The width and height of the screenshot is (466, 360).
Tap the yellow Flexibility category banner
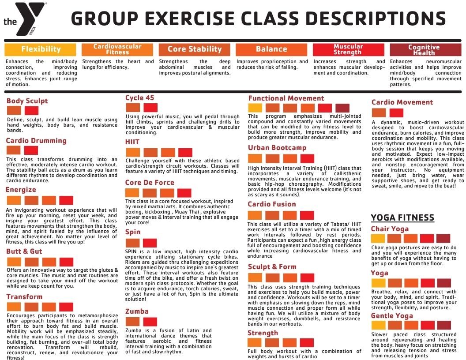[41, 49]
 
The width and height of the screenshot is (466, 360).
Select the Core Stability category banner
[195, 49]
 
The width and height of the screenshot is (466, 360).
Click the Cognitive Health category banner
[424, 49]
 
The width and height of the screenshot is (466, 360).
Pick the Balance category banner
[271, 49]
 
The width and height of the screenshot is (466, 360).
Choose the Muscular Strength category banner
[348, 49]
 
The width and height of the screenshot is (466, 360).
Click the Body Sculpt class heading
[27, 101]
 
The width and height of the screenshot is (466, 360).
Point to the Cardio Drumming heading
[36, 141]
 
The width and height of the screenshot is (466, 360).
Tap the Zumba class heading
[137, 311]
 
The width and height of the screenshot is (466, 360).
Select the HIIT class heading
[132, 142]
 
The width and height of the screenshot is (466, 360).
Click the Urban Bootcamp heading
[277, 148]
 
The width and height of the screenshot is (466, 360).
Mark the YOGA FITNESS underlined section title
[402, 217]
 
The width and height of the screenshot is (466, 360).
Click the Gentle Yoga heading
[392, 316]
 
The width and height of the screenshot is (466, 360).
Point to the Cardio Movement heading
[402, 102]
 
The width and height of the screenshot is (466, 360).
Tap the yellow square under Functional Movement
[255, 108]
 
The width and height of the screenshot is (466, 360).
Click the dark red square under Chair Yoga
[443, 239]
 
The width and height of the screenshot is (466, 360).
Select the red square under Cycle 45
[150, 107]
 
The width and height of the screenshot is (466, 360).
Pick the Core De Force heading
[150, 183]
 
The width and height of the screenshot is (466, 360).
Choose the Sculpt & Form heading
[272, 267]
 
